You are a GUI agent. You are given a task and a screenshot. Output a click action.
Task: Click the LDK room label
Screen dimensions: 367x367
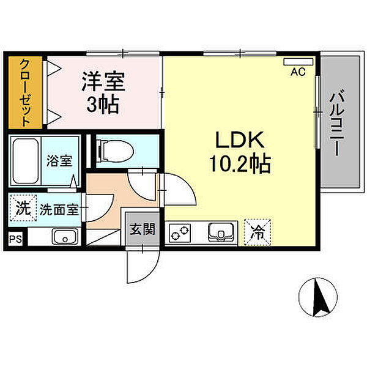point(239,141)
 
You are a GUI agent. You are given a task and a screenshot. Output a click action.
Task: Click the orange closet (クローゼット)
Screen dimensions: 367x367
point(25,92)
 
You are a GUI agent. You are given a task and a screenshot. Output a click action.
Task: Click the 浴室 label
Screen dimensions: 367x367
point(59,162)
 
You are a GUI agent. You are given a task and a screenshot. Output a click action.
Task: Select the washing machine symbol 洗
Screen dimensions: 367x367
point(22,207)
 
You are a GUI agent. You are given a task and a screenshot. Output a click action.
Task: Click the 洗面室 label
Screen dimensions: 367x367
point(59,209)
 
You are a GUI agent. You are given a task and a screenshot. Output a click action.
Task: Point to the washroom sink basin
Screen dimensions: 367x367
point(63,236)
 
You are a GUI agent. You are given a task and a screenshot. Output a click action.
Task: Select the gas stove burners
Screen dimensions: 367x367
point(180,232)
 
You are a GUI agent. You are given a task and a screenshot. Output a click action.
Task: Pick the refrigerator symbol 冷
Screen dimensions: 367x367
point(258,232)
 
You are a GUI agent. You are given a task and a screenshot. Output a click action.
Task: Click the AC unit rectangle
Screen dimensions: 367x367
point(298,62)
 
